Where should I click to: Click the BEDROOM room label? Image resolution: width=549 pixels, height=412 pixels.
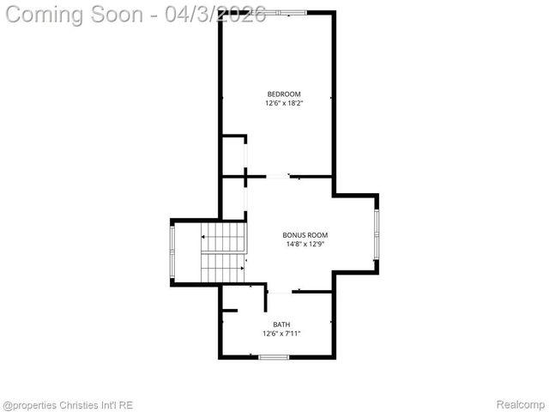(284, 94)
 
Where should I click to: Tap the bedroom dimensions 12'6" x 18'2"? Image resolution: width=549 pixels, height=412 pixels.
(284, 103)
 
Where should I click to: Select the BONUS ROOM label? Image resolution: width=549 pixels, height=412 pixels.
(305, 234)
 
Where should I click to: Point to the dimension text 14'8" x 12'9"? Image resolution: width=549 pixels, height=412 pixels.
(305, 244)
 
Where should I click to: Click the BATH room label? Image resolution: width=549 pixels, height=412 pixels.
(281, 324)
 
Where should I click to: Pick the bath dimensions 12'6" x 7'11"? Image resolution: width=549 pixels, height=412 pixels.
(281, 333)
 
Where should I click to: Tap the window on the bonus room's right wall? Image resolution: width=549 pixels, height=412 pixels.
(376, 234)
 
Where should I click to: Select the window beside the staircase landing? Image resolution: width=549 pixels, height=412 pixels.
(172, 251)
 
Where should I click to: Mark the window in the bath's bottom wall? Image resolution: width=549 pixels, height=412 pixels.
(274, 356)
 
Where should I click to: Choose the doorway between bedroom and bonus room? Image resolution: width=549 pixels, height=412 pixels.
(277, 178)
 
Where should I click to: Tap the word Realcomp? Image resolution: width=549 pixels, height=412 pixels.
(522, 404)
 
